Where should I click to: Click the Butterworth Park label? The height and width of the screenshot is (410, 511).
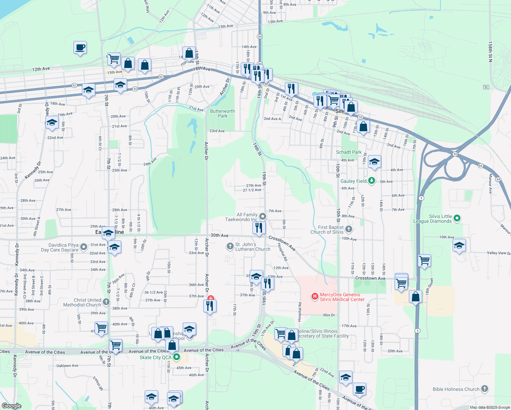coord(222,113)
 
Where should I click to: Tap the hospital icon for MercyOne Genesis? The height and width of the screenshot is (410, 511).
coord(315,297)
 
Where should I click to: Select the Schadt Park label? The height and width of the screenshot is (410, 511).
coord(349,152)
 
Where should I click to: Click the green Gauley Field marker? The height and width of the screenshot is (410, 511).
coord(372,181)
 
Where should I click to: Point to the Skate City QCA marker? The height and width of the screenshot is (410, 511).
coord(177,357)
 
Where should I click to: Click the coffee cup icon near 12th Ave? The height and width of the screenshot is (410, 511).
coord(80,47)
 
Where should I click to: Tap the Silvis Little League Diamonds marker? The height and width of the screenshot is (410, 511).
coord(458,218)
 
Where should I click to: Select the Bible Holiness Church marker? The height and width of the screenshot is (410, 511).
coord(484,389)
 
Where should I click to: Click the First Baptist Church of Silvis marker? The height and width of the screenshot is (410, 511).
coord(348,229)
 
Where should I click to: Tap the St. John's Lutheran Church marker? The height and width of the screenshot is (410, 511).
coord(231,246)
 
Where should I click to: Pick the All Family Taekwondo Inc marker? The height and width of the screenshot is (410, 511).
coord(263,216)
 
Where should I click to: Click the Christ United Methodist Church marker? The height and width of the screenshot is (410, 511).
coord(106,302)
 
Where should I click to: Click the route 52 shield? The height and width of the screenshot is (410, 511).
coord(486,87)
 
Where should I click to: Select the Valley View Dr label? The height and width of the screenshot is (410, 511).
coord(498,253)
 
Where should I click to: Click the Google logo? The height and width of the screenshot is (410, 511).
coord(12,406)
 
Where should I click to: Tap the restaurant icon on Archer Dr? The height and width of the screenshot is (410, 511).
coord(210,305)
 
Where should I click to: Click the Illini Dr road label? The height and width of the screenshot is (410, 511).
coord(329,315)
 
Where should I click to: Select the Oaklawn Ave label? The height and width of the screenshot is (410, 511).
coord(67,366)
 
